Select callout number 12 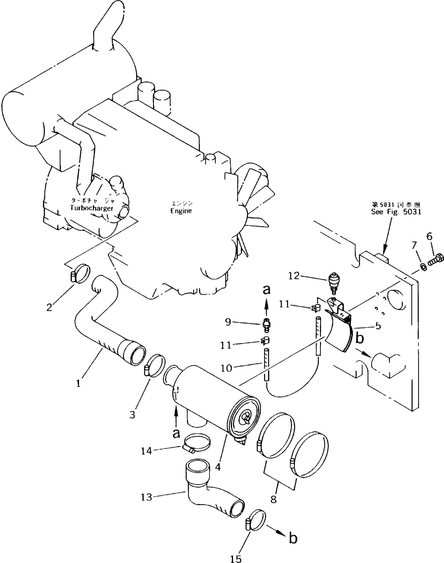point(294,276)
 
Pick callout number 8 point(273,499)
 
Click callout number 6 point(429,237)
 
